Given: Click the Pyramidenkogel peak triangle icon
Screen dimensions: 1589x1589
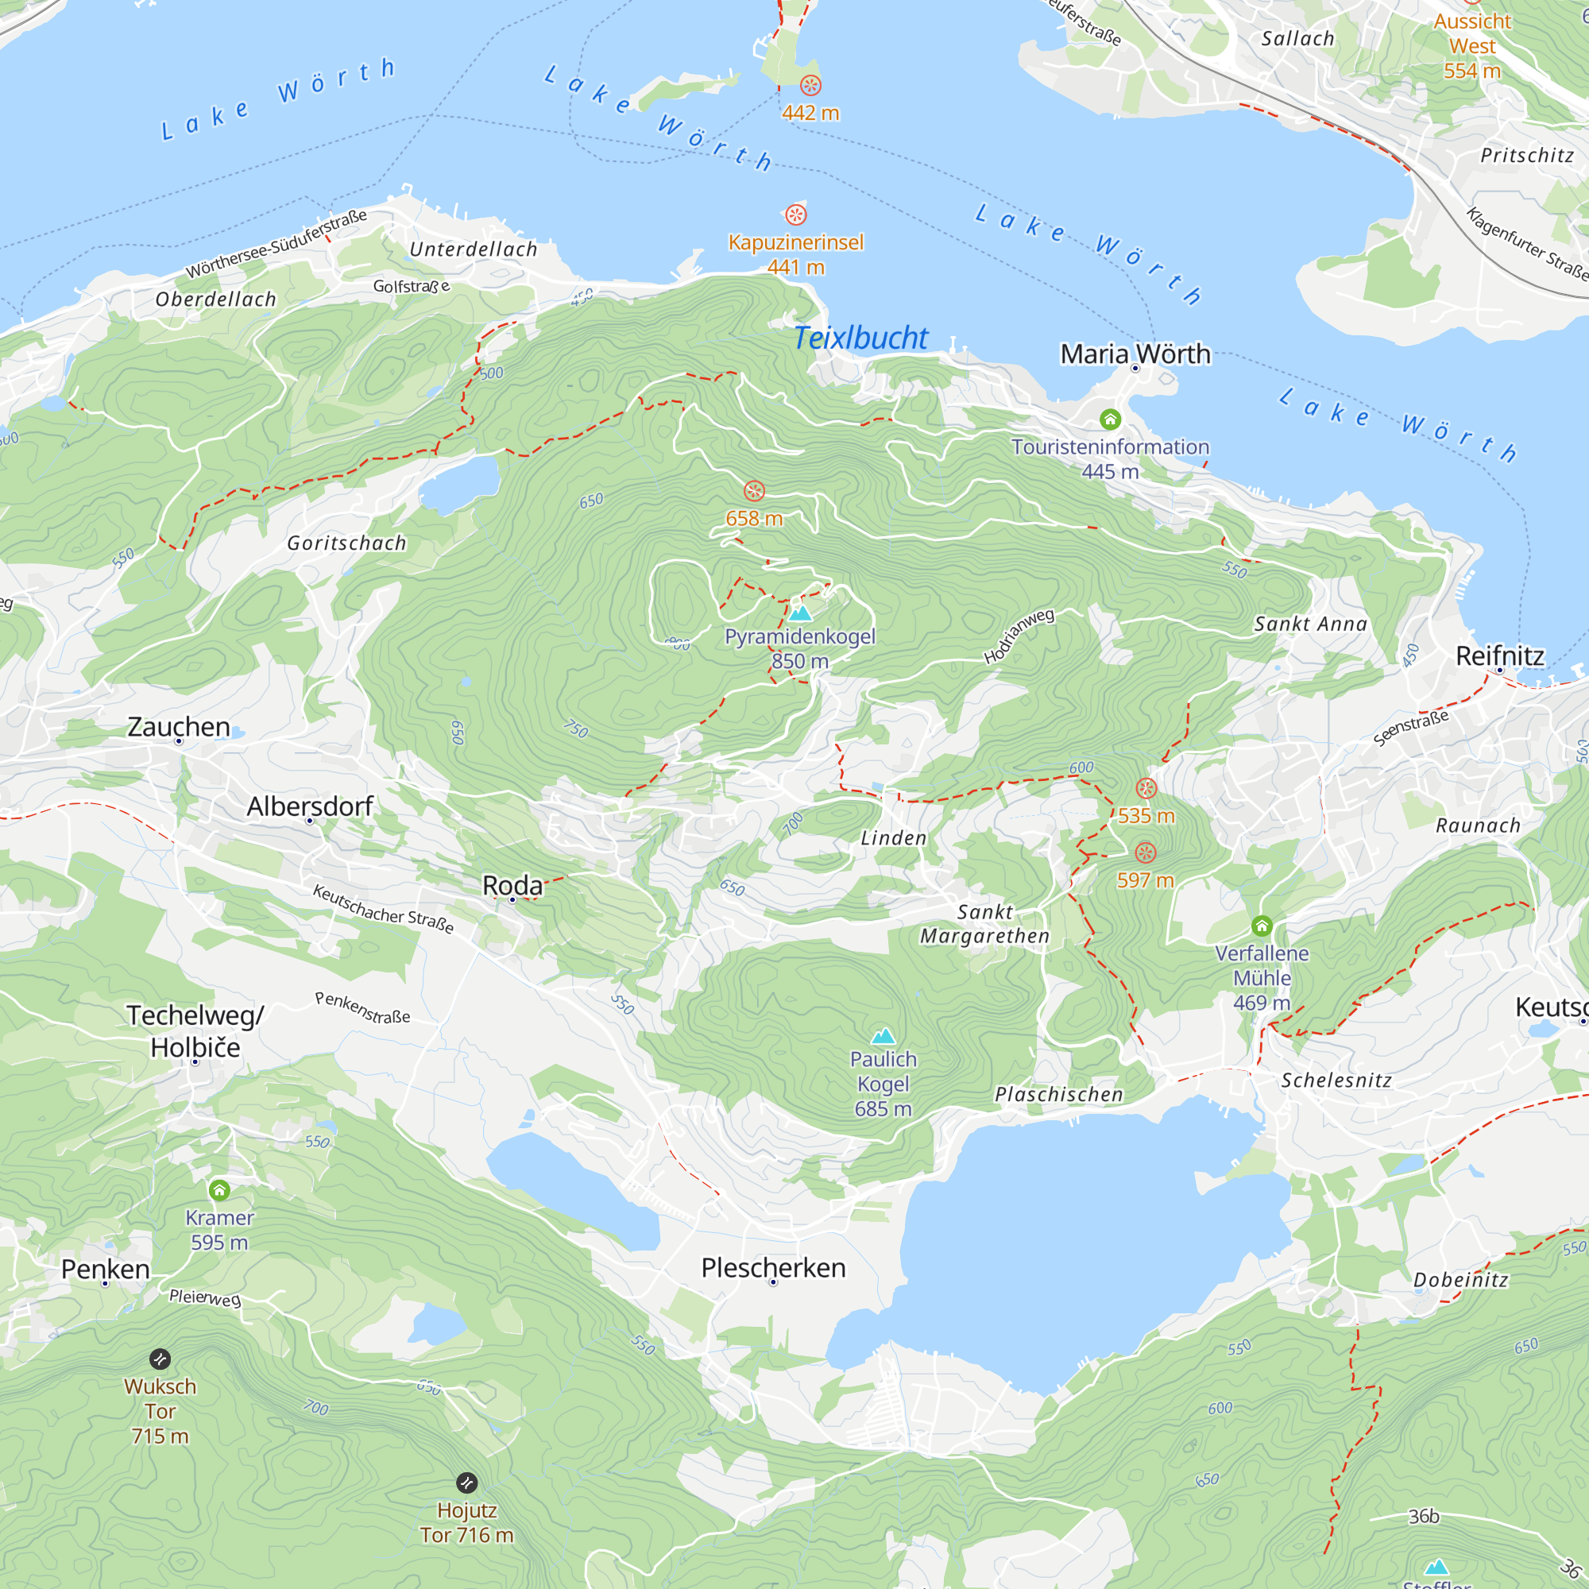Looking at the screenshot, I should [x=799, y=613].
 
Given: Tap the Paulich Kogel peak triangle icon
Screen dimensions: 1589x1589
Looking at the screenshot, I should [x=883, y=1035].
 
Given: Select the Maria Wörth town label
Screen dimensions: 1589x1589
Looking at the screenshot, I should [x=1135, y=354].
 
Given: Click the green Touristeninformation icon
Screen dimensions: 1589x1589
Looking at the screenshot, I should [x=1111, y=419].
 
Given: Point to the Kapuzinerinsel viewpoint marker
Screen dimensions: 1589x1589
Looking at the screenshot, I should [x=795, y=215].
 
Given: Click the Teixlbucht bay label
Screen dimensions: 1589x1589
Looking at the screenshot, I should [x=860, y=338].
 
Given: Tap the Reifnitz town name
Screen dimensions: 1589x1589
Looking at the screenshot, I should [x=1499, y=655].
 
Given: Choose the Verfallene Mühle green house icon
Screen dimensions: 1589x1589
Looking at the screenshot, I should [x=1262, y=926].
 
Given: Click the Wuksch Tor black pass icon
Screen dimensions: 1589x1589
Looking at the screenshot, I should [x=160, y=1359].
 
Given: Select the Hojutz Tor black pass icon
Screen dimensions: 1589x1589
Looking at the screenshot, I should [x=466, y=1483].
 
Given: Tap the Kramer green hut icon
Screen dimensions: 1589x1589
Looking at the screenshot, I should [x=218, y=1190].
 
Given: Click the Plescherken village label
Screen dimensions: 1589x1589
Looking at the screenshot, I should [x=773, y=1267].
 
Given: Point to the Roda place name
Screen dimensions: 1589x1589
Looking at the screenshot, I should [x=512, y=885].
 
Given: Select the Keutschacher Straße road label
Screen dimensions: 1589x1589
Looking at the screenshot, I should [x=383, y=908].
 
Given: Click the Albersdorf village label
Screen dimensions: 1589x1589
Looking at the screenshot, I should [x=310, y=806].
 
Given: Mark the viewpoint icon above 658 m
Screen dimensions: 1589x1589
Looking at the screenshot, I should [x=754, y=491].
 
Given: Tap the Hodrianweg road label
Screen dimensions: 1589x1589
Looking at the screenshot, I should [x=1019, y=636].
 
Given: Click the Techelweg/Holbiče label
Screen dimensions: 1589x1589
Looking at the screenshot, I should [x=195, y=1031].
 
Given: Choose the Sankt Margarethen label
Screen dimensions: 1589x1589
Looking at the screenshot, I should [x=984, y=924].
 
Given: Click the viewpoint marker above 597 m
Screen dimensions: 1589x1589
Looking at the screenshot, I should [x=1146, y=852].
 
